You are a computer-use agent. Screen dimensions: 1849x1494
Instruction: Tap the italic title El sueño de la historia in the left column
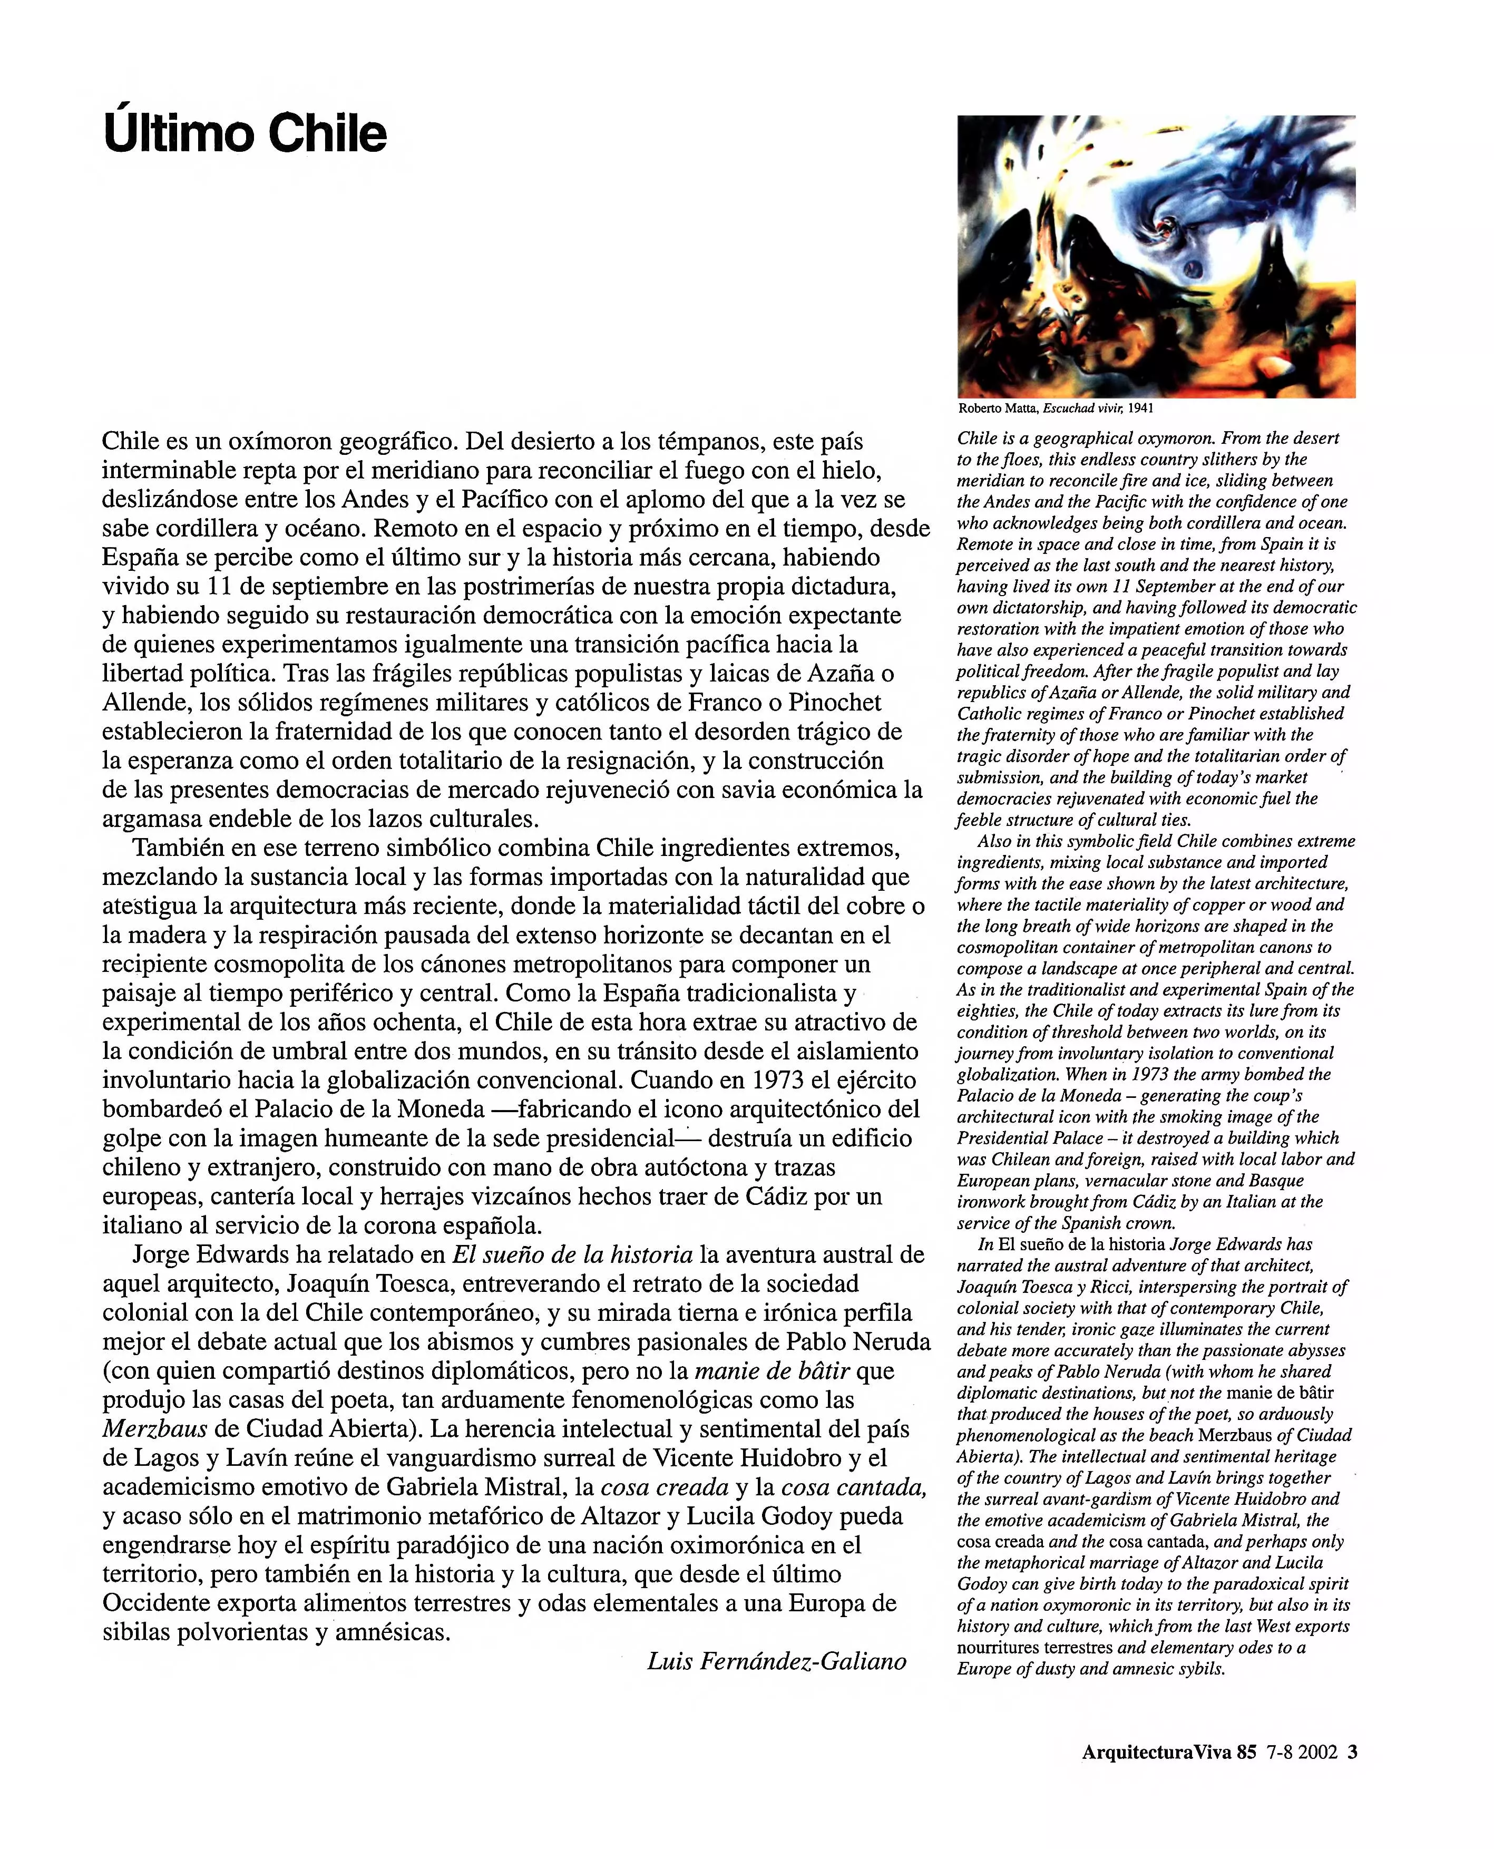572,1255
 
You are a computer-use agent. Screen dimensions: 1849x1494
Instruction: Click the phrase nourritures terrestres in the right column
1036,1648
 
